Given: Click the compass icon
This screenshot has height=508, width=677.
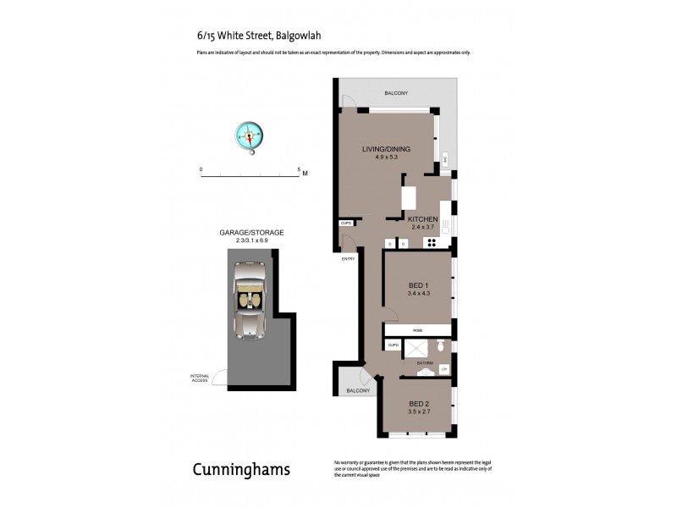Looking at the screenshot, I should (250, 135).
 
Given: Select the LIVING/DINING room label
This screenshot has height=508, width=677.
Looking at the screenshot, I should (380, 150).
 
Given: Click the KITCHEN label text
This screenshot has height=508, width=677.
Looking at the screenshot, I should (423, 218).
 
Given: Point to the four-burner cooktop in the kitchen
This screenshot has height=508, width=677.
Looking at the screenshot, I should (432, 243).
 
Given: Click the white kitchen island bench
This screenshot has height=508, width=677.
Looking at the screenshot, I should (410, 197).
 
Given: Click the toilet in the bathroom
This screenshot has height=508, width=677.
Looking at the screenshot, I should (440, 347).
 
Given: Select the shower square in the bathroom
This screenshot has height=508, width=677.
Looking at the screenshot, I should (416, 349).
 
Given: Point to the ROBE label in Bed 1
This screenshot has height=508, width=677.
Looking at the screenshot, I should (417, 330).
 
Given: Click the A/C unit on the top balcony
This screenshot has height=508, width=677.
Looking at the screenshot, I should (444, 159).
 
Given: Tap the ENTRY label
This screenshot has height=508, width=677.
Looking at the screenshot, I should (348, 259).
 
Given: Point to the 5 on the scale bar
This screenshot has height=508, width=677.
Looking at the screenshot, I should (299, 169).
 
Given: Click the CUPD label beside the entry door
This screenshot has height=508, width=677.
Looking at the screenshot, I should (346, 223).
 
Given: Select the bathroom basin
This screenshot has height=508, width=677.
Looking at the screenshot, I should (423, 372).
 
